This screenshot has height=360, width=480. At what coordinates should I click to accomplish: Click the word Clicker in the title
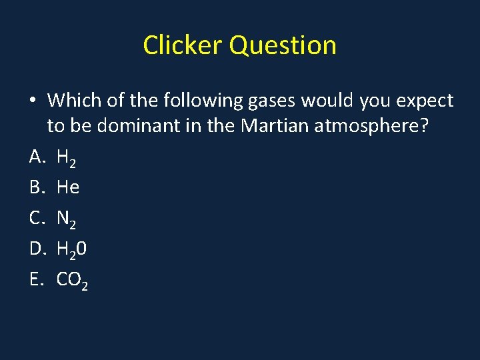[183, 45]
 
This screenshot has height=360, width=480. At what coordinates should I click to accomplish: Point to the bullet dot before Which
[33, 101]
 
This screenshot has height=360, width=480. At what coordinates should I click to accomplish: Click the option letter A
[36, 157]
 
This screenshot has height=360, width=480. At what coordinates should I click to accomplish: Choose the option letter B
[36, 187]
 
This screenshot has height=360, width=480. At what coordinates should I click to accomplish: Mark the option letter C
[36, 217]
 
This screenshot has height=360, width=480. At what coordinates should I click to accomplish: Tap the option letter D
[37, 249]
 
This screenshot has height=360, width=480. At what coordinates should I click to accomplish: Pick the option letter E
[35, 279]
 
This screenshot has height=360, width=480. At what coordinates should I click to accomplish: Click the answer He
[68, 187]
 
